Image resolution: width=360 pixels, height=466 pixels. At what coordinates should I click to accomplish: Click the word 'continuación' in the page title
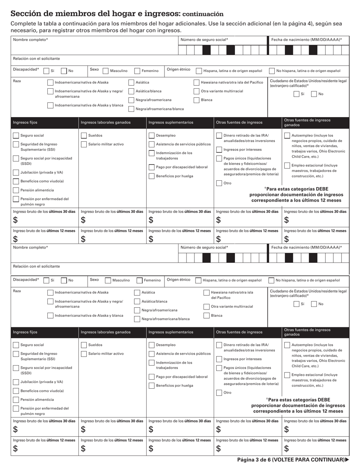[203, 14]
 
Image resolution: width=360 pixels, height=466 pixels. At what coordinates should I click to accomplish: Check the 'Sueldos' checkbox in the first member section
[84, 135]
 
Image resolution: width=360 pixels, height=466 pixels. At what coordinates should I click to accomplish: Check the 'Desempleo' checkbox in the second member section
[152, 345]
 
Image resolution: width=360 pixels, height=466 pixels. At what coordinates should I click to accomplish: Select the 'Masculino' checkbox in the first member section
[106, 71]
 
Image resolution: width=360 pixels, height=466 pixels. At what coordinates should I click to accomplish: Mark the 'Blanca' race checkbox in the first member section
[196, 100]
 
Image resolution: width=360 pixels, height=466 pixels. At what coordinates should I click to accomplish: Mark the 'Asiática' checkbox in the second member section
[137, 292]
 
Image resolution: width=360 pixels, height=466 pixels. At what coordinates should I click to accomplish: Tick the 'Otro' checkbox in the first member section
[219, 183]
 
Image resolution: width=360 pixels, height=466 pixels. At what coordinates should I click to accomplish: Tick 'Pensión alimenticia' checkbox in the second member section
[16, 400]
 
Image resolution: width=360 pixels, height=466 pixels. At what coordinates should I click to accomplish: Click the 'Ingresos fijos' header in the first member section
[25, 122]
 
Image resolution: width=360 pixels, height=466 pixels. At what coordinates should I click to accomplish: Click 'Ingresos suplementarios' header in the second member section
[171, 332]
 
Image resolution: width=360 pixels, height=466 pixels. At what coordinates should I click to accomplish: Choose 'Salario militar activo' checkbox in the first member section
[84, 144]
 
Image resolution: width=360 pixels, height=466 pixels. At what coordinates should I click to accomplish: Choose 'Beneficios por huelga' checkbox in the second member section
[152, 386]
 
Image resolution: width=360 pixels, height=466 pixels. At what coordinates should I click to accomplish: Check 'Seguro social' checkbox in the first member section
[16, 135]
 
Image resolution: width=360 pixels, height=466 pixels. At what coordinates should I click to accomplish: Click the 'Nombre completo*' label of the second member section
[30, 247]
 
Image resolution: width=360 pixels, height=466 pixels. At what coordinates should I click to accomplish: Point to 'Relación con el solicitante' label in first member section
[36, 59]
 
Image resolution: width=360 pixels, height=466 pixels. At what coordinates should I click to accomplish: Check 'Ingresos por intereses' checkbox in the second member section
[219, 359]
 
